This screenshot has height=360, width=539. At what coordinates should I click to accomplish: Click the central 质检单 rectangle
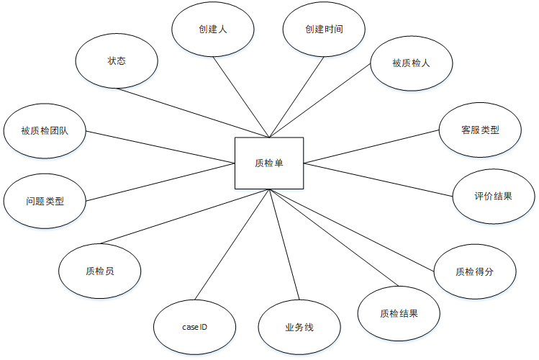(x=269, y=163)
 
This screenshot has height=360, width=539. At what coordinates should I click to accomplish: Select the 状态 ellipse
(x=117, y=61)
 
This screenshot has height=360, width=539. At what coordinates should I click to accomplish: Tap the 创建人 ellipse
(x=214, y=30)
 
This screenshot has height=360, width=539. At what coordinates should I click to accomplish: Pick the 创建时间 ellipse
(x=323, y=30)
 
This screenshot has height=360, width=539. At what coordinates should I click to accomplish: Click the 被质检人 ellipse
(x=411, y=63)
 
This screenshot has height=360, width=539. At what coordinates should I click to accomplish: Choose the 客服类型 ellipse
(x=480, y=130)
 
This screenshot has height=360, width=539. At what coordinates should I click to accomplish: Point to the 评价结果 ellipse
(x=494, y=196)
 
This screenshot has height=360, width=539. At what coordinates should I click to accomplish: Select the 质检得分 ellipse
(x=475, y=271)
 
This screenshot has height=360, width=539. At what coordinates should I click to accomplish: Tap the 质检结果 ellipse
(x=399, y=313)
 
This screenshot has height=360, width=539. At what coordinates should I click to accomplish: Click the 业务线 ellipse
(x=299, y=328)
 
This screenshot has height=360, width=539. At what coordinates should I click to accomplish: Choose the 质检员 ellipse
(x=99, y=271)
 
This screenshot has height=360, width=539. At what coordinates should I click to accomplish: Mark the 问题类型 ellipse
(x=45, y=201)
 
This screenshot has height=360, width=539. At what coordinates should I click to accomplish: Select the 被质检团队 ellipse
(x=45, y=131)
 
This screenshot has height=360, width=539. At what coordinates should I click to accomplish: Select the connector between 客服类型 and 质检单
(x=371, y=147)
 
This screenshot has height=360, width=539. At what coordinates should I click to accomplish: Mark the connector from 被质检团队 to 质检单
(x=160, y=148)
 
